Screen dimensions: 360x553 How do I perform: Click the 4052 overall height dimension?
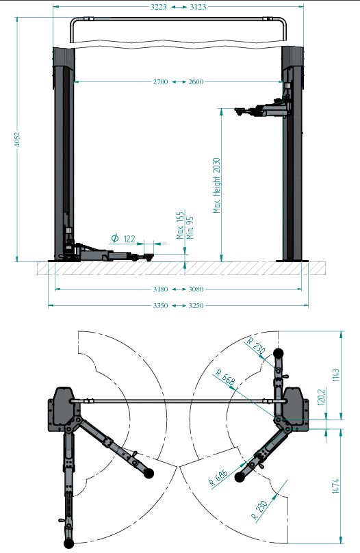pyautogui.click(x=16, y=140)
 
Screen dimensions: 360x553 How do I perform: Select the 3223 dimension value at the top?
pyautogui.click(x=159, y=7)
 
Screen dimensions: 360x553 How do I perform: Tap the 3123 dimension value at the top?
pyautogui.click(x=198, y=7)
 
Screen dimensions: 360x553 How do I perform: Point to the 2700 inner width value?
pyautogui.click(x=160, y=82)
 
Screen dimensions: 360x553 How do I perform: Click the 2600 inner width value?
pyautogui.click(x=196, y=82)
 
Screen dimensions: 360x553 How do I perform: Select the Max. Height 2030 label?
pyautogui.click(x=217, y=185)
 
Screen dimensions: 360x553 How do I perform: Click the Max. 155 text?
pyautogui.click(x=181, y=225)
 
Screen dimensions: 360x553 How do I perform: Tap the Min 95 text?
pyautogui.click(x=190, y=227)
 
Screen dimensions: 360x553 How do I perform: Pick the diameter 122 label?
pyautogui.click(x=123, y=239)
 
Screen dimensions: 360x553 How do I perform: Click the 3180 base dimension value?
pyautogui.click(x=160, y=290)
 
